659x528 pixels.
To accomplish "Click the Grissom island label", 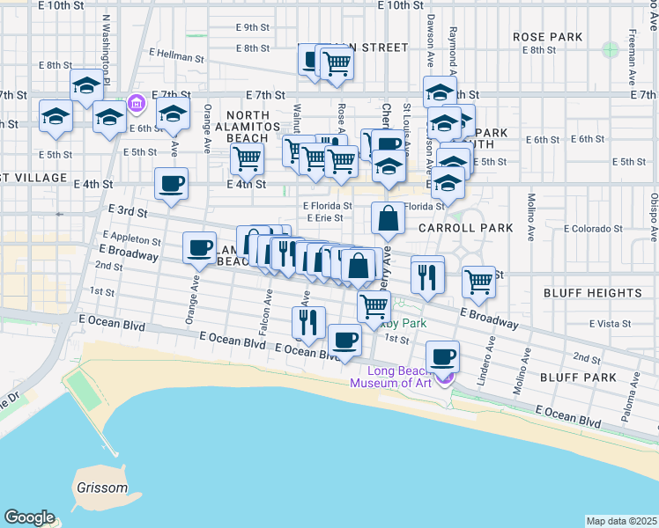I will [100, 488].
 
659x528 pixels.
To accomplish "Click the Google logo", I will [29, 517].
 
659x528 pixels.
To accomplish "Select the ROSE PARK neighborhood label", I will [548, 37].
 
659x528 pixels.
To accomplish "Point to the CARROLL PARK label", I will [465, 228].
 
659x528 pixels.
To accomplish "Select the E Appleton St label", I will [131, 238].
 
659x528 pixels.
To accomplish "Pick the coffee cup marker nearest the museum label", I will [442, 356].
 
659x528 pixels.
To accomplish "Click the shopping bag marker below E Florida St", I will [388, 217].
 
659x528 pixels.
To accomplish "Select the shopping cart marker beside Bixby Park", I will [374, 306].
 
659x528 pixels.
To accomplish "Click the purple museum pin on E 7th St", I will [136, 104].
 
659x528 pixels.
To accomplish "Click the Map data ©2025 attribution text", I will [621, 521].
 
